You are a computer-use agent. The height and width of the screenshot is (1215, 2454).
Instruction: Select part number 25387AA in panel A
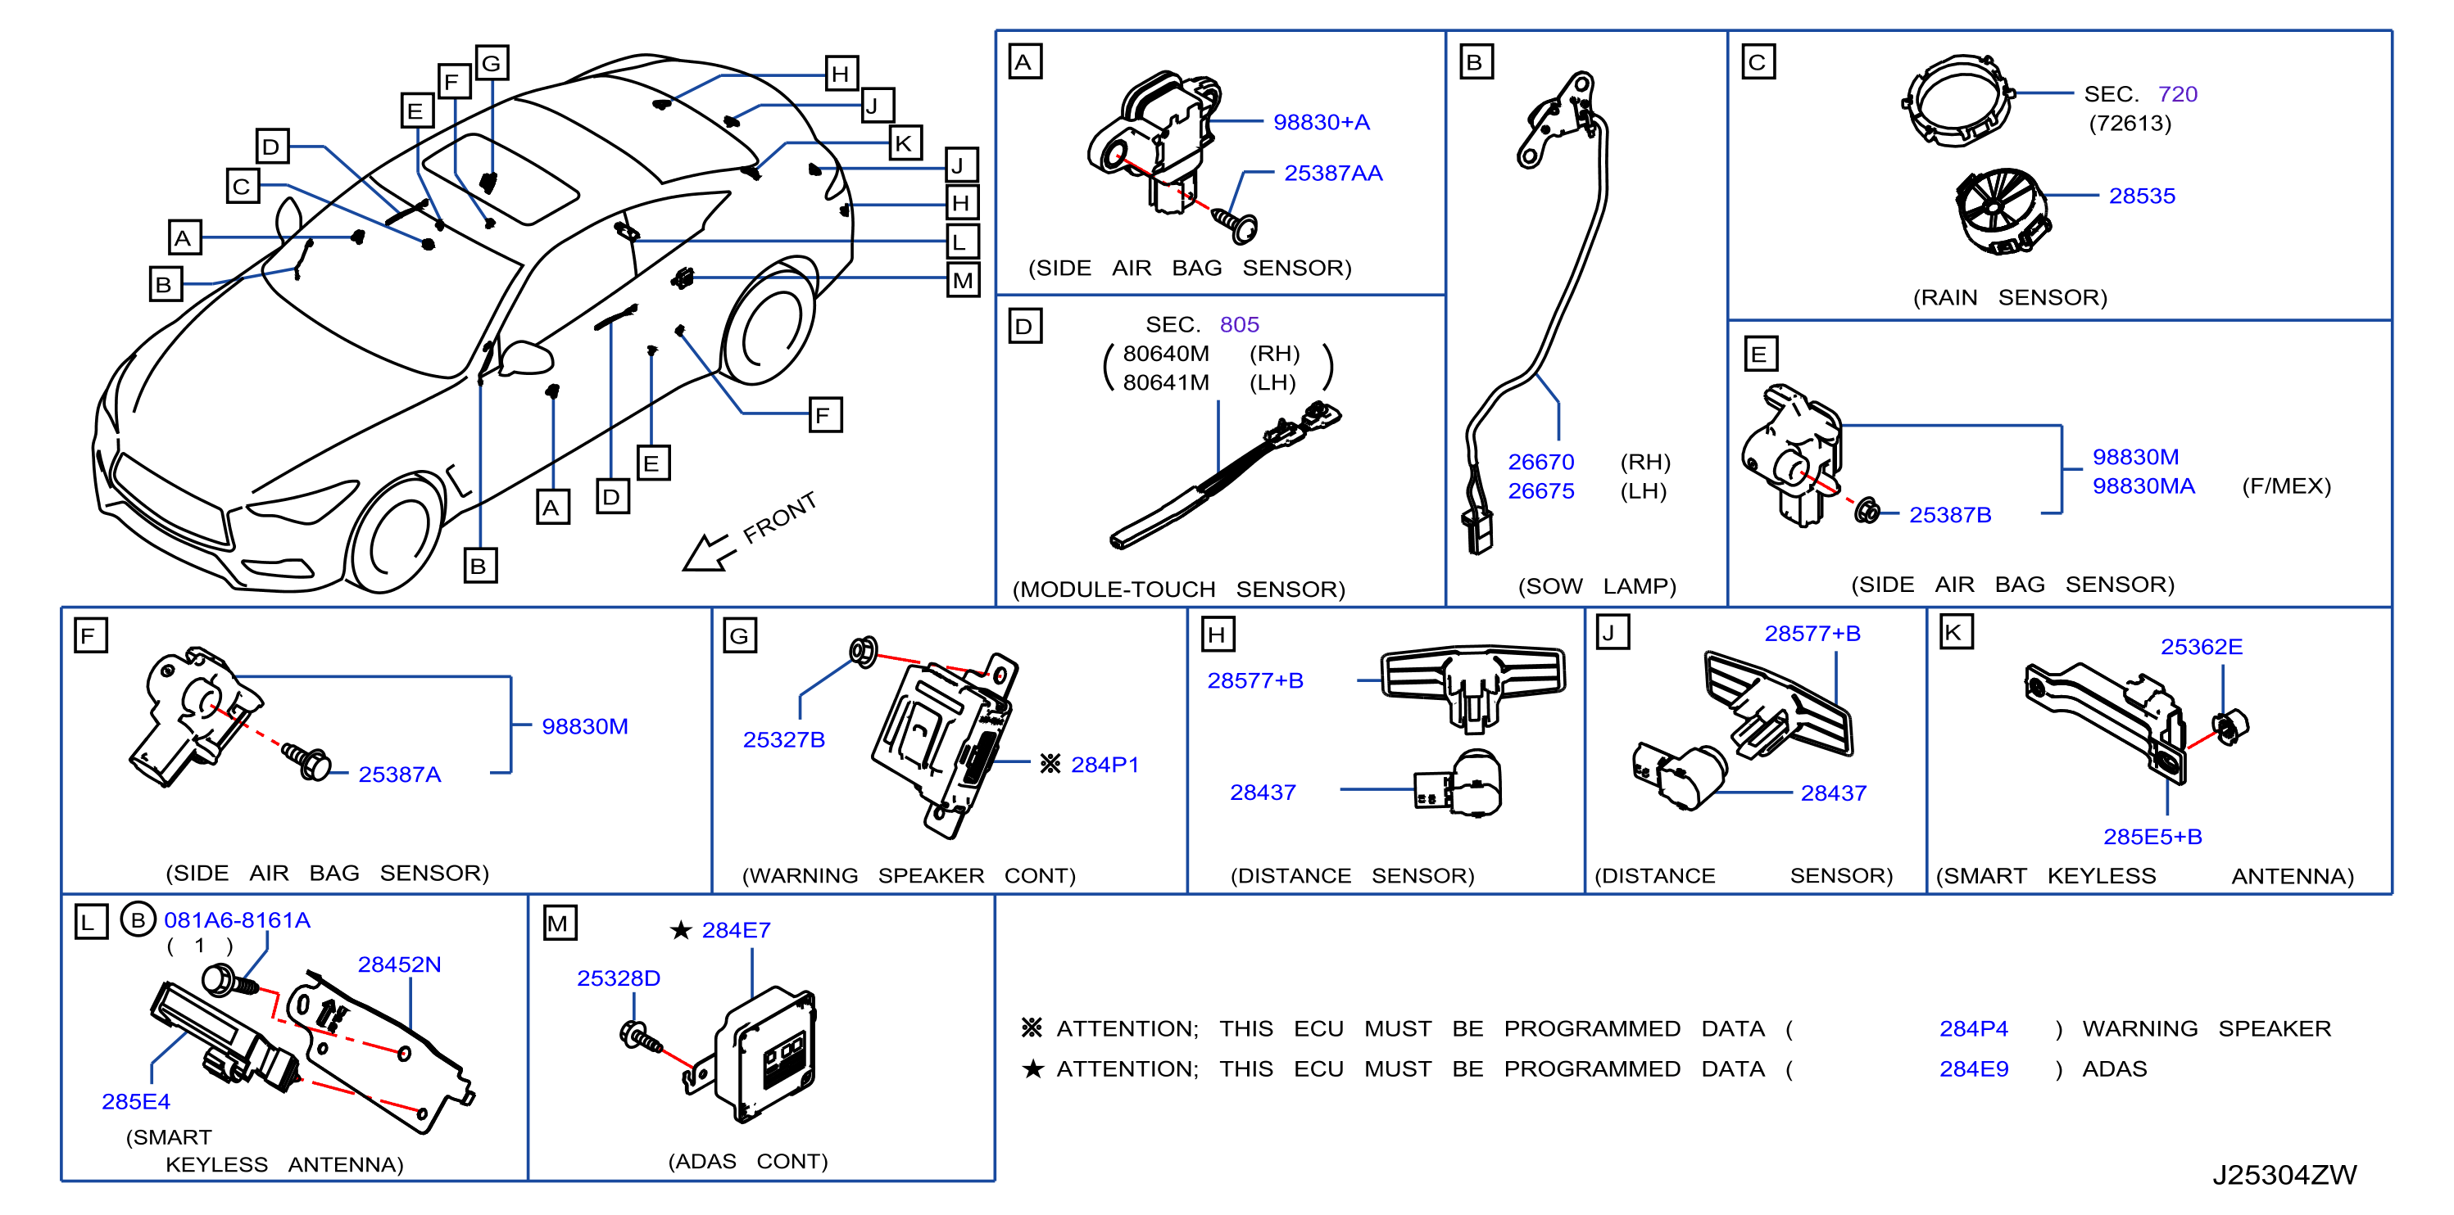point(1333,173)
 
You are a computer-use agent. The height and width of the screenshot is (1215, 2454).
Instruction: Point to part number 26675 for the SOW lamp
point(1540,490)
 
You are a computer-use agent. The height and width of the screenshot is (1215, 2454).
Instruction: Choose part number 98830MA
point(2143,486)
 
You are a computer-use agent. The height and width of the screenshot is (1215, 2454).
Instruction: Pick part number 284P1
point(1105,764)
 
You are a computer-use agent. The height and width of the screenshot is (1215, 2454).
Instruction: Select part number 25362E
point(2201,647)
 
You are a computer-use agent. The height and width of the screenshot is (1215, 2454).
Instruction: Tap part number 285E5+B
point(2152,836)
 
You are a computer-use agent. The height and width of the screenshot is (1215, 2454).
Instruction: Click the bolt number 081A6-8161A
point(238,919)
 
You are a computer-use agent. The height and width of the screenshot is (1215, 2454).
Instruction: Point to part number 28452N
point(399,964)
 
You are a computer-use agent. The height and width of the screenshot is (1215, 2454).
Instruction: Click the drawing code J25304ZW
point(2284,1175)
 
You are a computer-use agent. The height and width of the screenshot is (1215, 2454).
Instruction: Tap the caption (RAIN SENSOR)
point(2010,297)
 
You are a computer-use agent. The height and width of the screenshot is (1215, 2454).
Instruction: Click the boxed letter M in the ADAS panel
point(559,923)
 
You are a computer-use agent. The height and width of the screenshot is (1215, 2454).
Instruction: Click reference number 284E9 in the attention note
point(1974,1068)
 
